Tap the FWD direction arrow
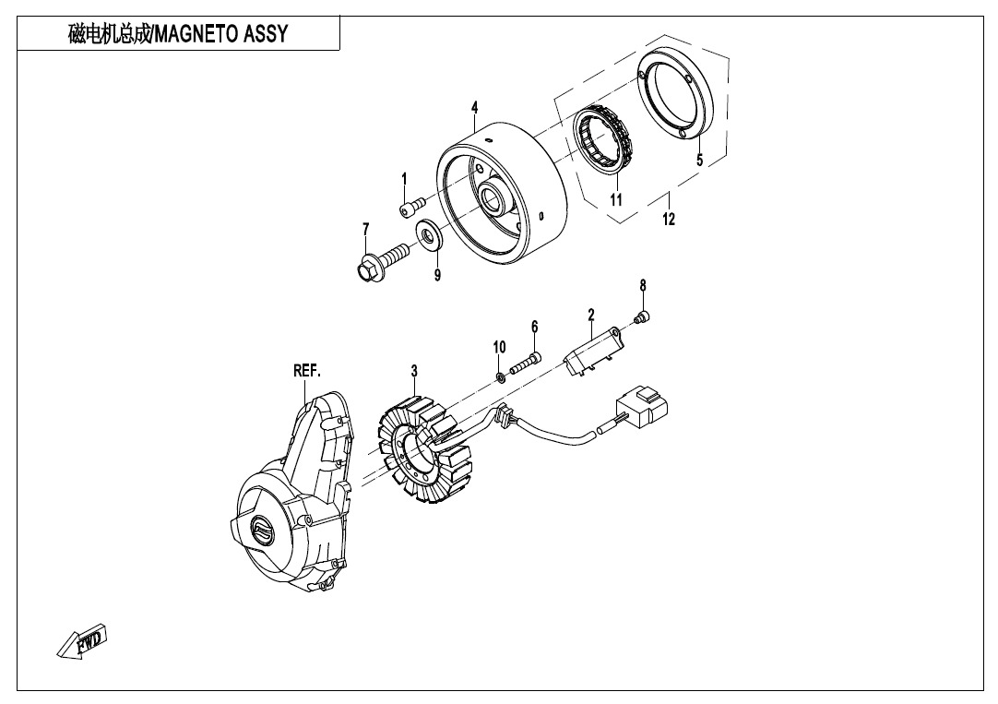pos(82,641)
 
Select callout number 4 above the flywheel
pos(475,108)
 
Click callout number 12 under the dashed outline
pos(669,219)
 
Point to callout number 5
pos(699,160)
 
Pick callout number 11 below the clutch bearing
pos(615,200)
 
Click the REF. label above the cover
pos(307,371)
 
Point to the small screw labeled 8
pos(642,316)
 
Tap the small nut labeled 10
pos(501,377)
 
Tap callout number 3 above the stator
pos(414,371)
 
